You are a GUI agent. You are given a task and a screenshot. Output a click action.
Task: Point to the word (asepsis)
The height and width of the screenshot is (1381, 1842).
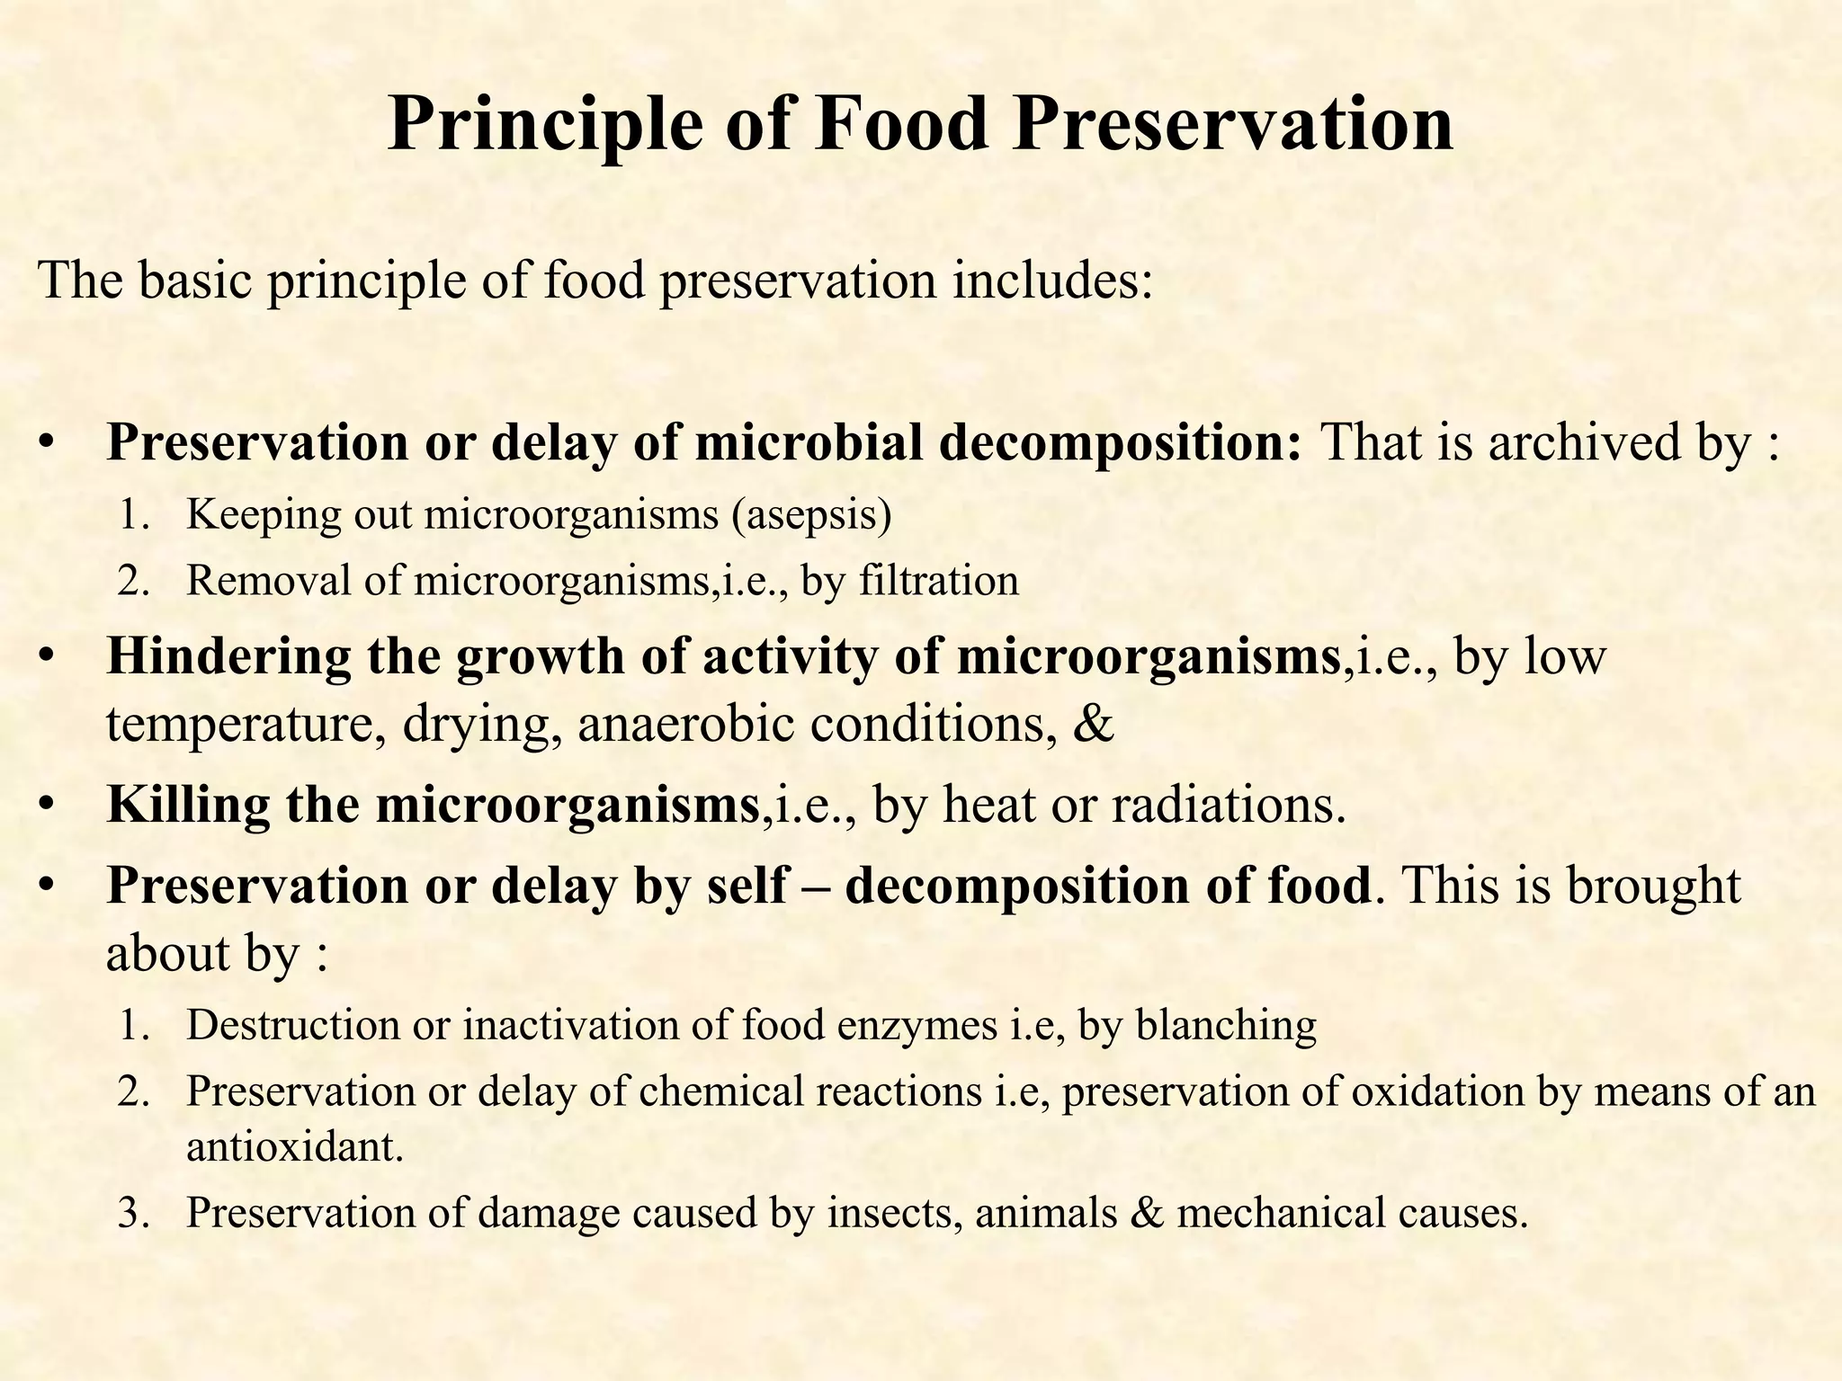[811, 515]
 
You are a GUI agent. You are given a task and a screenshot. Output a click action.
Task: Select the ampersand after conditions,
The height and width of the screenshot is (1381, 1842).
[1094, 723]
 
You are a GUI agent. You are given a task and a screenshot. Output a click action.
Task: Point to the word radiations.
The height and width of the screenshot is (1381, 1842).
[1229, 804]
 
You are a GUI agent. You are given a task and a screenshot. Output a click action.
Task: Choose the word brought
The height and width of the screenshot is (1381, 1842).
[1654, 886]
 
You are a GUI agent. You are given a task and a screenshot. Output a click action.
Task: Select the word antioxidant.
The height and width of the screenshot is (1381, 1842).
[295, 1148]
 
